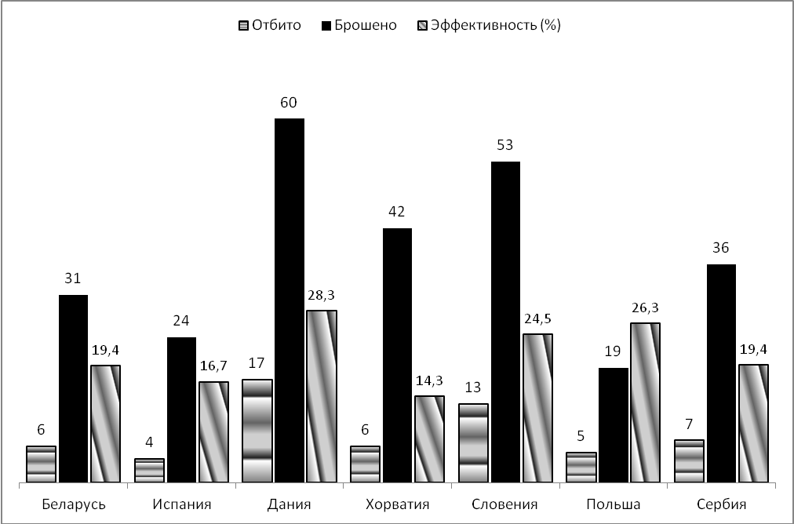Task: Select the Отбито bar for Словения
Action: click(473, 442)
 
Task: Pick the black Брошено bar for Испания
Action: click(181, 409)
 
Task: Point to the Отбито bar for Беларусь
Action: click(41, 464)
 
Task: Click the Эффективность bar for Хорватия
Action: click(429, 438)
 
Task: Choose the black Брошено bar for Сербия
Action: click(721, 373)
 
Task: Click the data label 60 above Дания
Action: click(290, 103)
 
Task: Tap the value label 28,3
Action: click(322, 295)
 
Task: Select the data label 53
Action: click(505, 146)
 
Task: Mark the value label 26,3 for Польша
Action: click(645, 307)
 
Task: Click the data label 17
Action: click(257, 363)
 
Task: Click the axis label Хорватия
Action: click(398, 504)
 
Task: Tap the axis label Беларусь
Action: click(73, 504)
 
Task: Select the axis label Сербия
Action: click(721, 504)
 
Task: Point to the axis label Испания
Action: click(181, 504)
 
